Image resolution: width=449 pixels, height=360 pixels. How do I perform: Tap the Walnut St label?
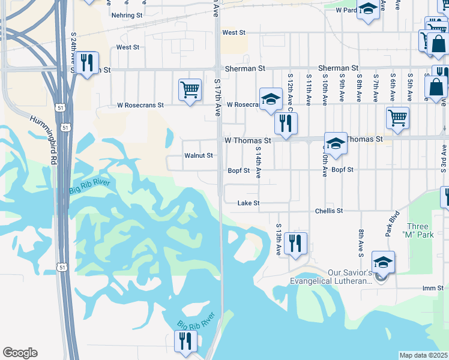199,155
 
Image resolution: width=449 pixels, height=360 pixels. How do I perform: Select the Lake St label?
248,203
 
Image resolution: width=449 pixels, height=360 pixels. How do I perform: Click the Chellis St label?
329,211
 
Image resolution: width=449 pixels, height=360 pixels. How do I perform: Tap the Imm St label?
432,289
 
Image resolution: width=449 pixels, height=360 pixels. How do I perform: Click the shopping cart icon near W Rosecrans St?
190,90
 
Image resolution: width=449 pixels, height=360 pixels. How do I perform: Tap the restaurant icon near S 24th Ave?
89,63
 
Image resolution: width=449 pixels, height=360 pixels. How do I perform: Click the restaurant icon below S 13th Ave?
295,243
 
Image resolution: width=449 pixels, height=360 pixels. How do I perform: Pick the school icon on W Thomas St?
336,143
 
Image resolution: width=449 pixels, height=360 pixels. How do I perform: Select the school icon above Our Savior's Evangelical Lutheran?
383,262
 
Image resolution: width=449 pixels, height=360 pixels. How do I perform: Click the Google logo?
20,353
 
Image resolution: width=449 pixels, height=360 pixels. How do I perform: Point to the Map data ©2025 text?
424,355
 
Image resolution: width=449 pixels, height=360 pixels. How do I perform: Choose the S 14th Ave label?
258,162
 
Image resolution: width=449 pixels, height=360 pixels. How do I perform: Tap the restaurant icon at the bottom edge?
185,340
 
